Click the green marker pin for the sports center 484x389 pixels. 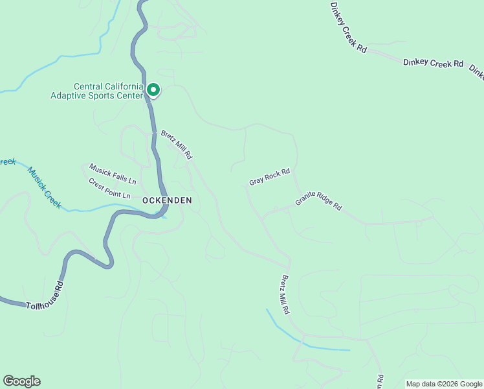153,89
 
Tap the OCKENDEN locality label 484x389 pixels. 167,200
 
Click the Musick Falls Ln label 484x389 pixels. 113,172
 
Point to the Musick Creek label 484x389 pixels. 44,187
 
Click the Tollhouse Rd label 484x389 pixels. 46,296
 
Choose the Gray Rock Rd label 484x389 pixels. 270,177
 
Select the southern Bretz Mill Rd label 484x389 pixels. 284,295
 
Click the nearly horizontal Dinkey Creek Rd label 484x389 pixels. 433,63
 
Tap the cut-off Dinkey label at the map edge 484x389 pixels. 478,73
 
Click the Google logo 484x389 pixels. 21,381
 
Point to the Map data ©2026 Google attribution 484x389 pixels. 444,384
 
